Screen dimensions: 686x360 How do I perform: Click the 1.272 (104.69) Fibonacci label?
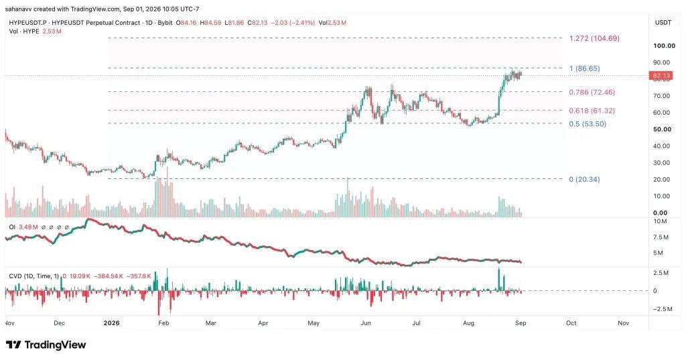[x=594, y=38]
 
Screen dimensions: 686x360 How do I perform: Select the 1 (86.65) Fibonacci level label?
[x=584, y=68]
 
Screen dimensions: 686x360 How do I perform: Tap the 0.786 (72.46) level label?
[x=592, y=93]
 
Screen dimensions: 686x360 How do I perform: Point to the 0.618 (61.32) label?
[x=592, y=111]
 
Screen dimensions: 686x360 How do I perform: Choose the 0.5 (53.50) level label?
[x=588, y=124]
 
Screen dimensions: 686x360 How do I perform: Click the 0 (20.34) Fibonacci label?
[x=584, y=179]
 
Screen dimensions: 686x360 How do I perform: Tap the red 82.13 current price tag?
[x=661, y=76]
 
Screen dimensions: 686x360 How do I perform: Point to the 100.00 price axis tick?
[x=664, y=46]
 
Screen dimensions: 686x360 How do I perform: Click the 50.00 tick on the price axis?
[x=662, y=129]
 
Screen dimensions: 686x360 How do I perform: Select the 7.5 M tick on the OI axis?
[x=661, y=237]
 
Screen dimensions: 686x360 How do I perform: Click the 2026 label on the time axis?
[x=112, y=322]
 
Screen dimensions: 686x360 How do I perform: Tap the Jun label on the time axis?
[x=366, y=322]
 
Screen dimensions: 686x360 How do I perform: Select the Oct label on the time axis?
[x=571, y=322]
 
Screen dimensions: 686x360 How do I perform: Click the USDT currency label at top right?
[x=663, y=22]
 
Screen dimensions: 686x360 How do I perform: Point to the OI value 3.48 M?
[x=28, y=227]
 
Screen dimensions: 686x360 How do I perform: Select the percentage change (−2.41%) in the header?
[x=301, y=22]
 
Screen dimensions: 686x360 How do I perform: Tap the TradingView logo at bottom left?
[x=46, y=345]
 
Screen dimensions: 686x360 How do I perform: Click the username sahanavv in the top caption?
[x=19, y=9]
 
